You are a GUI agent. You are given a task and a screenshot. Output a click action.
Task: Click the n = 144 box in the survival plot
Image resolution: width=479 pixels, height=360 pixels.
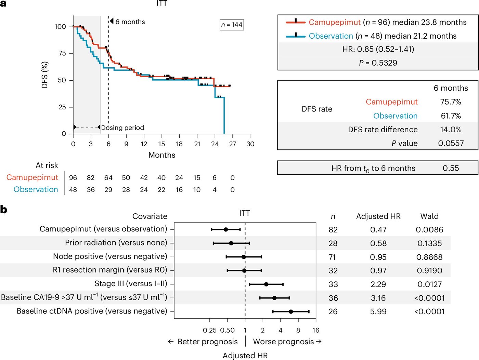[232, 25]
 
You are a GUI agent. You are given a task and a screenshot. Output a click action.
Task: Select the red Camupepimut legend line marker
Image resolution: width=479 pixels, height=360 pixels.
[296, 22]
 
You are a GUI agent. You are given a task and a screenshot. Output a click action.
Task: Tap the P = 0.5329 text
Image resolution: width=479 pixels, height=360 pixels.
[378, 63]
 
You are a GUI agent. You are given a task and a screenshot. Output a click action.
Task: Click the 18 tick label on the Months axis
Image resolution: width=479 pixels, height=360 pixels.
[179, 144]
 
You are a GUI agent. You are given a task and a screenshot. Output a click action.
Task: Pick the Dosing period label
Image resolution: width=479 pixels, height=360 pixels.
[122, 128]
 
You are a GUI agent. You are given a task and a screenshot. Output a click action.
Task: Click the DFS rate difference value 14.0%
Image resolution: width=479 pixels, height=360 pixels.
[451, 130]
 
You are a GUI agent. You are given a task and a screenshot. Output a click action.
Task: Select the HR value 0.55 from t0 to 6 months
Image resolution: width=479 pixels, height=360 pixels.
[451, 168]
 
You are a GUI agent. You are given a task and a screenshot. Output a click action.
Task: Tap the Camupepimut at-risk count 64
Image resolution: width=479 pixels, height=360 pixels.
[108, 178]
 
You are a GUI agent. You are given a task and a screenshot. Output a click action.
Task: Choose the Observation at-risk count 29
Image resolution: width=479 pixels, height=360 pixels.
[108, 190]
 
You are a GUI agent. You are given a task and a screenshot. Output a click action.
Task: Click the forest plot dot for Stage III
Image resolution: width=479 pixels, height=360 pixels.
[266, 284]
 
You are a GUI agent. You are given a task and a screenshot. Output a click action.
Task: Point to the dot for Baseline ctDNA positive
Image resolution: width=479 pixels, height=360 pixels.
[291, 311]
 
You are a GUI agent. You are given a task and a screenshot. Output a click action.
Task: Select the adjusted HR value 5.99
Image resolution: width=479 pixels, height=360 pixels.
[378, 311]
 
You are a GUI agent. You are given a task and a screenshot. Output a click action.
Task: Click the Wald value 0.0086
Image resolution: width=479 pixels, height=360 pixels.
[429, 230]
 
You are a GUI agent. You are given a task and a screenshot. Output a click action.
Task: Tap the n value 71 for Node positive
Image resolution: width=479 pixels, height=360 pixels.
[332, 257]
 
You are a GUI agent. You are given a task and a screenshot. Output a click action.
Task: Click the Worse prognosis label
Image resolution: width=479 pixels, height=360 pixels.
[283, 342]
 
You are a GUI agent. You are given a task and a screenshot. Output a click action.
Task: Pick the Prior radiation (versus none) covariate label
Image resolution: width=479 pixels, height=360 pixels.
[116, 243]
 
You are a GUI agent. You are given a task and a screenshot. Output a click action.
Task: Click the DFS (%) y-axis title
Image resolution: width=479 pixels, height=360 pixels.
[44, 75]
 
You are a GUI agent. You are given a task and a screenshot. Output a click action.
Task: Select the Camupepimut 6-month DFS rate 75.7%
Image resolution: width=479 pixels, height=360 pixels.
[451, 102]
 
